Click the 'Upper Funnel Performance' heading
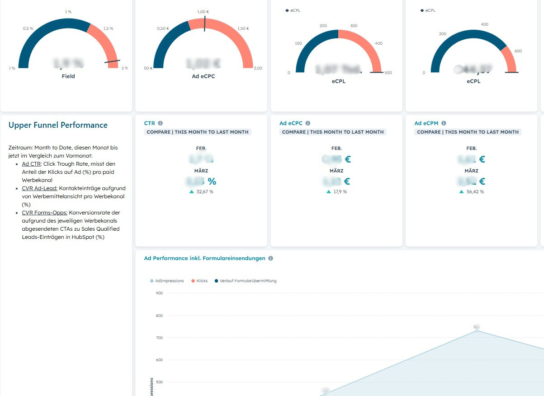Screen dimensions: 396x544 pyautogui.click(x=58, y=125)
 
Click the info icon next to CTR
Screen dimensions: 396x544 pyautogui.click(x=161, y=123)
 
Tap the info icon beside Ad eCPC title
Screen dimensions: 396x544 pyautogui.click(x=308, y=123)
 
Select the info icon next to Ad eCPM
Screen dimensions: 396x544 pyautogui.click(x=444, y=123)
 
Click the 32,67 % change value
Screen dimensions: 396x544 pyautogui.click(x=205, y=192)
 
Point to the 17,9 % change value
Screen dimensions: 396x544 pyautogui.click(x=340, y=192)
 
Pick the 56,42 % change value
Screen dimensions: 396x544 pyautogui.click(x=475, y=192)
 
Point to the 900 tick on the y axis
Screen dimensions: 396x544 pyautogui.click(x=159, y=293)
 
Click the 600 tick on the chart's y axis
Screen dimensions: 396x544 pyautogui.click(x=159, y=360)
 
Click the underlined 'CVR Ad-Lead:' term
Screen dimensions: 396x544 pyautogui.click(x=39, y=188)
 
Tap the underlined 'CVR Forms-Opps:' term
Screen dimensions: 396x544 pyautogui.click(x=44, y=213)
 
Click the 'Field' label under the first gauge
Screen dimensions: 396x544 pyautogui.click(x=68, y=76)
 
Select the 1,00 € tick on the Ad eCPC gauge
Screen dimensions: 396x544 pyautogui.click(x=204, y=12)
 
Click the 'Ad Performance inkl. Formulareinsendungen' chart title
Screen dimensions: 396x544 pyautogui.click(x=204, y=258)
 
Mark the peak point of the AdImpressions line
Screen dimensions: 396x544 pyautogui.click(x=476, y=331)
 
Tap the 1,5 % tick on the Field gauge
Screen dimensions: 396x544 pyautogui.click(x=108, y=28)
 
